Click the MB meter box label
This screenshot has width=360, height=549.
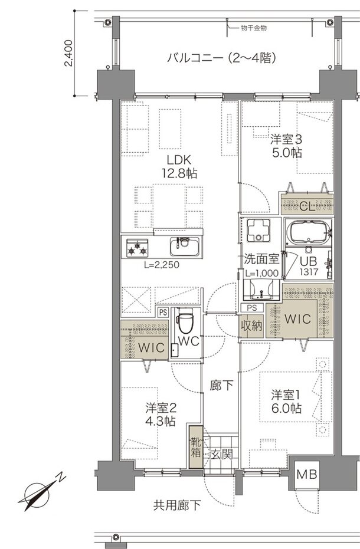pyautogui.click(x=306, y=474)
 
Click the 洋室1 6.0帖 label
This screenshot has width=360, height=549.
pyautogui.click(x=287, y=401)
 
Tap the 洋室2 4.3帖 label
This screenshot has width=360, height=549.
pyautogui.click(x=161, y=414)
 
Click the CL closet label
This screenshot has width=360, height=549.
pyautogui.click(x=307, y=206)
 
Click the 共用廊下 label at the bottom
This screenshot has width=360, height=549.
pyautogui.click(x=177, y=505)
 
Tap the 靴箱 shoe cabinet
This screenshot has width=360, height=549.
pyautogui.click(x=195, y=446)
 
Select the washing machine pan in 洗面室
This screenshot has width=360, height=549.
pyautogui.click(x=258, y=230)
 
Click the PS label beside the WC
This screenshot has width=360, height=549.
pyautogui.click(x=162, y=313)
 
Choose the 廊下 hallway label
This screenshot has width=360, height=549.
pyautogui.click(x=221, y=386)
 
